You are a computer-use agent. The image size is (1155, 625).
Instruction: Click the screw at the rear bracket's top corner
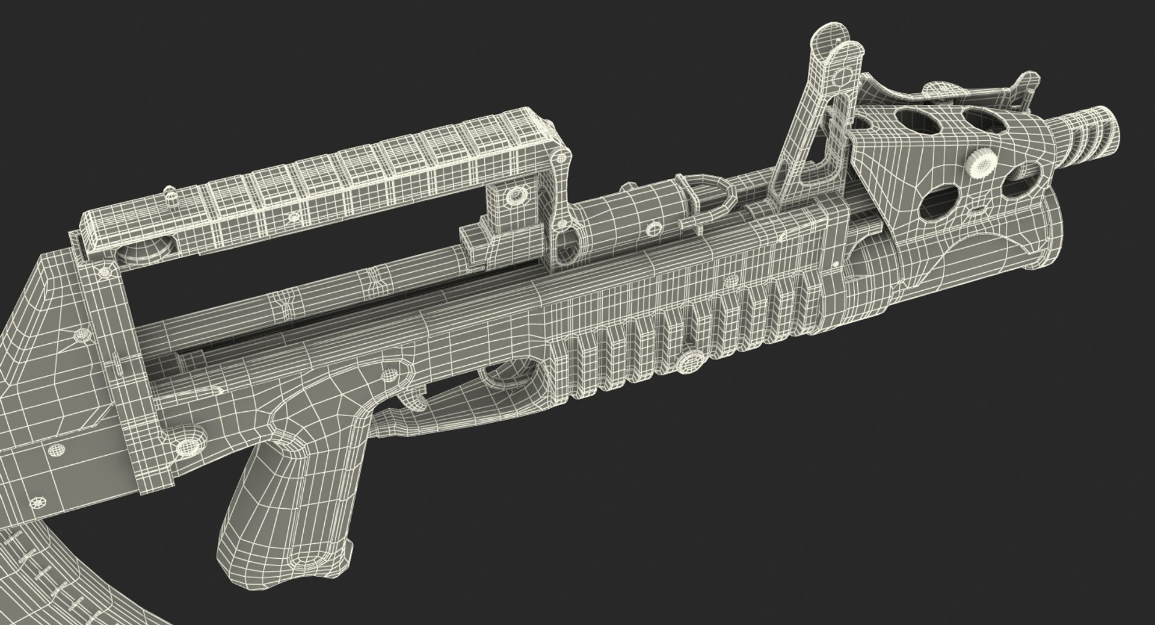coord(105,272)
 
